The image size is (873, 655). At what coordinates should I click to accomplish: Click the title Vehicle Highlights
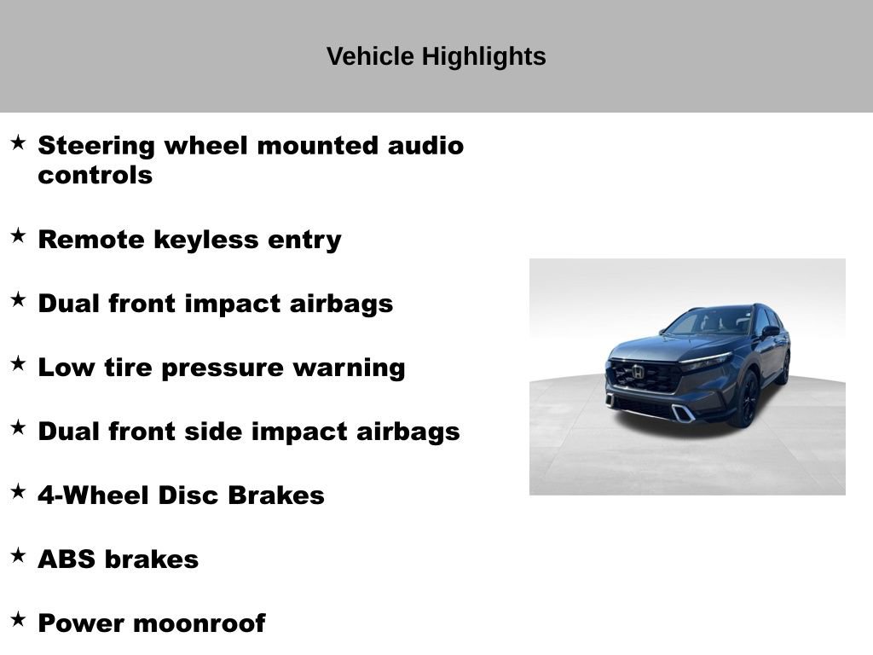436,56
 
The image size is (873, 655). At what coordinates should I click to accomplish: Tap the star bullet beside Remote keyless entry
18,236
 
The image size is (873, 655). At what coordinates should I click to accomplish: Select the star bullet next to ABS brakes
18,556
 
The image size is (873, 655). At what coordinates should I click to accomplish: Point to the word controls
95,176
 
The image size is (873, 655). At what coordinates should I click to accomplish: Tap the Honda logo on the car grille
638,371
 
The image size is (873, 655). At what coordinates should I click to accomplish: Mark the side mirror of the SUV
770,331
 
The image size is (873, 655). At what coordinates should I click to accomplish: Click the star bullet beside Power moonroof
18,620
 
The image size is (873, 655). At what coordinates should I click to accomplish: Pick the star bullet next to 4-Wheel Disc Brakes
18,492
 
